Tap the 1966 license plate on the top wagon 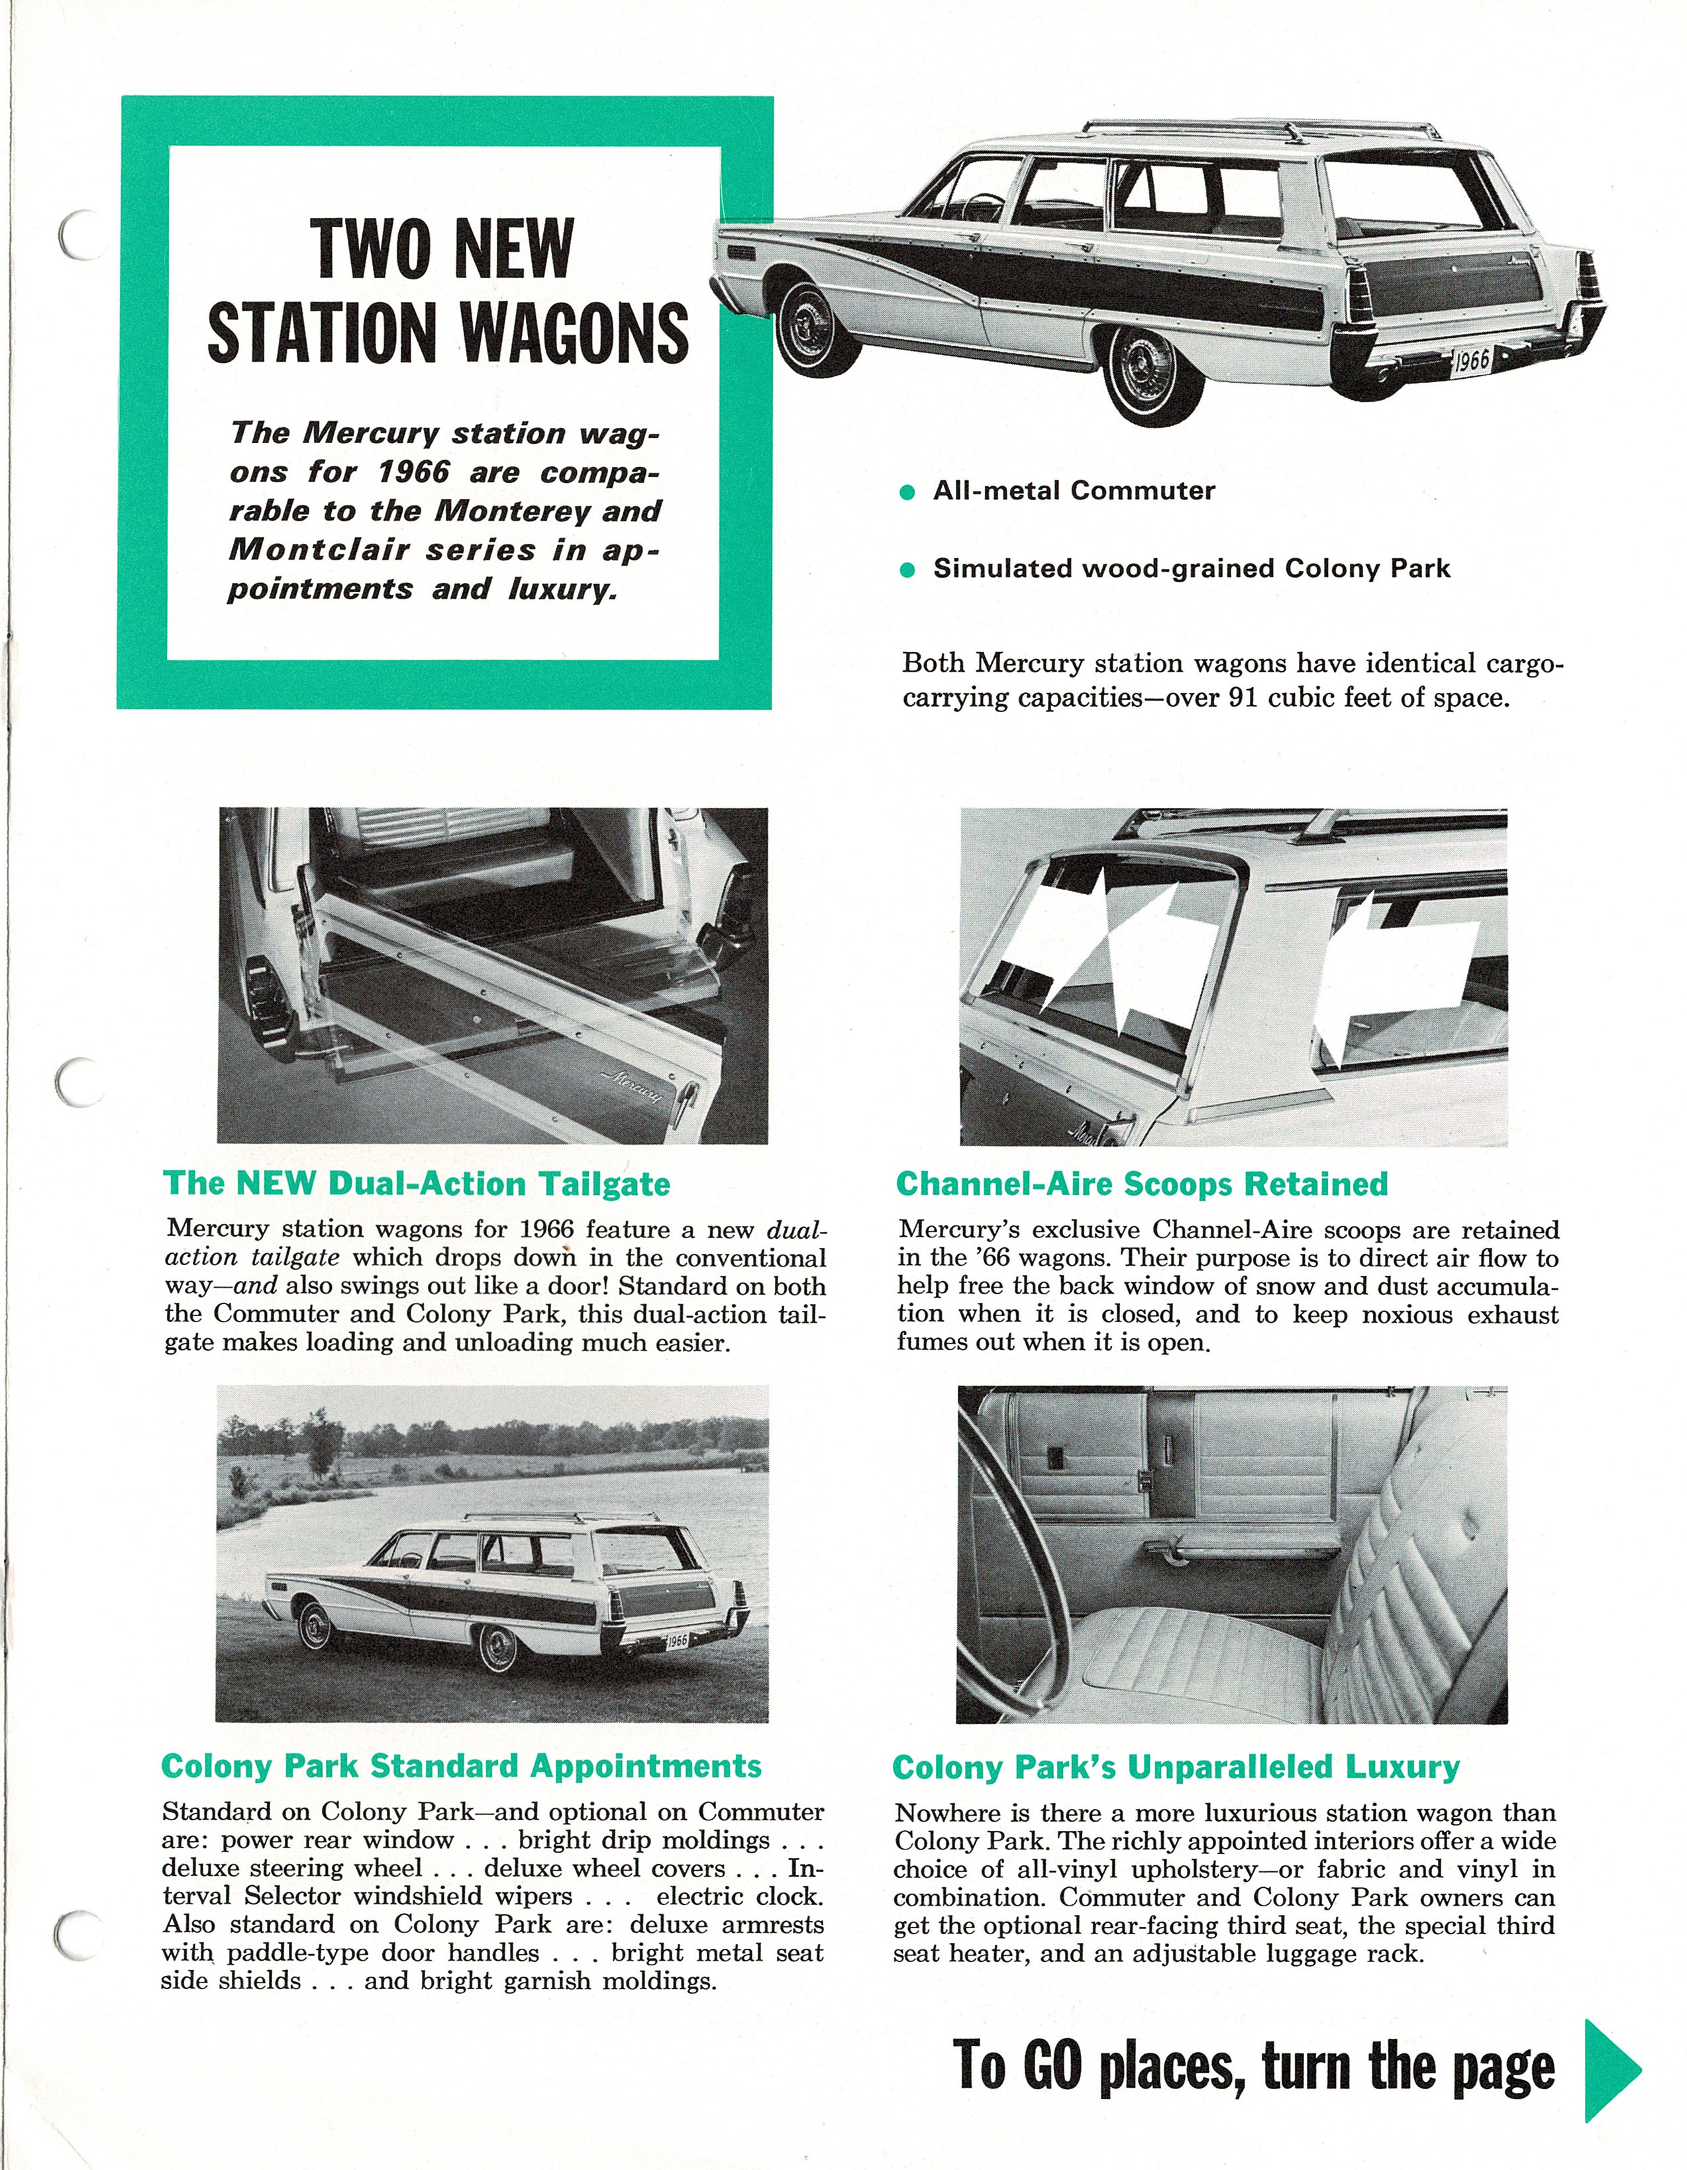click(1472, 360)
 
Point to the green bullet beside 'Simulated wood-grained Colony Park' click(906, 570)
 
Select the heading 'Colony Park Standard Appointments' click(461, 1766)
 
